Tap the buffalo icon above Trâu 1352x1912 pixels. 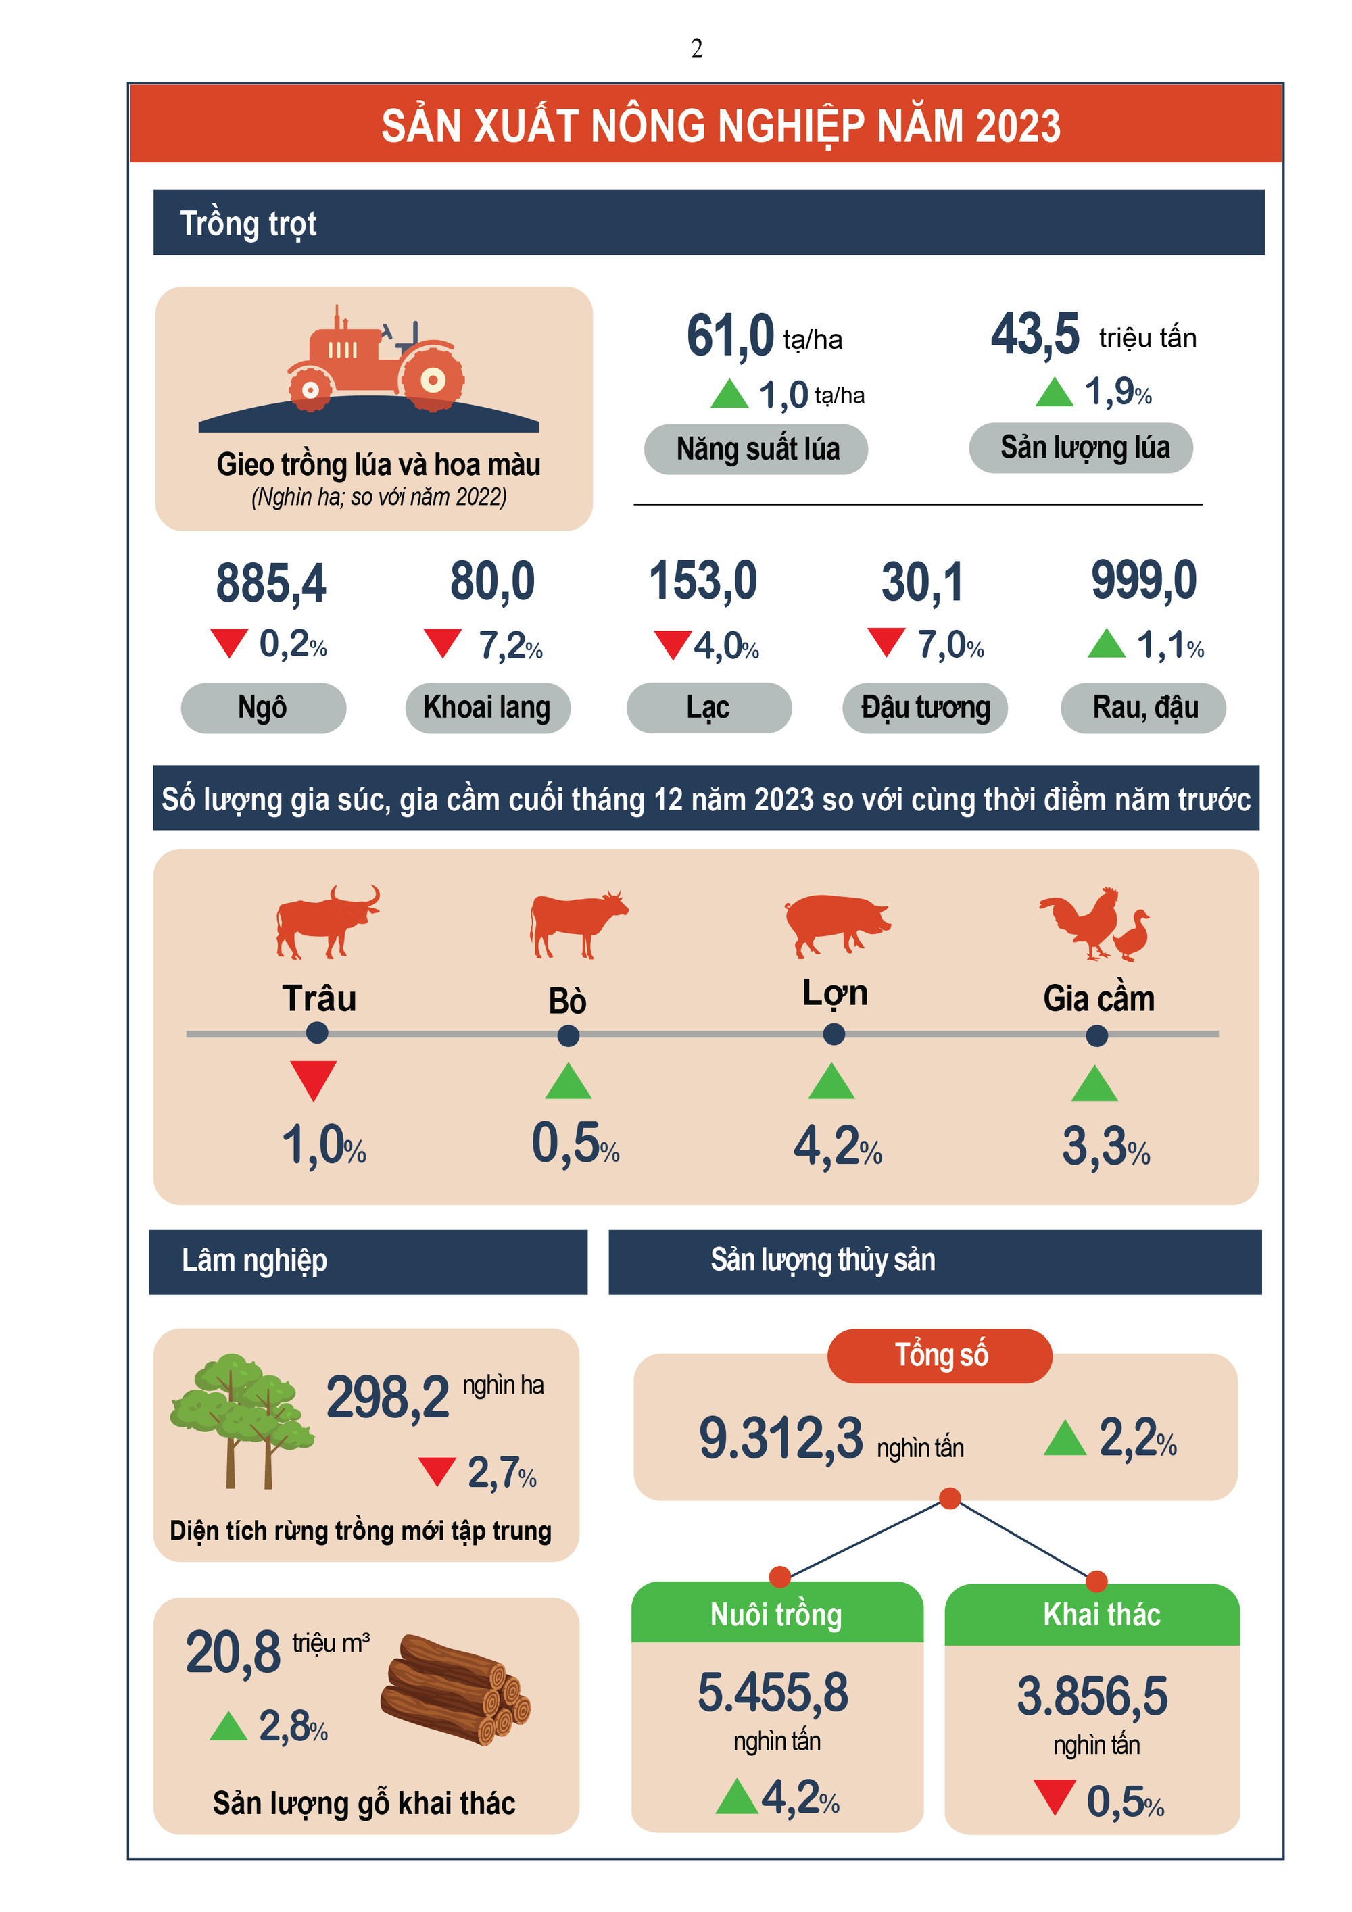coord(327,921)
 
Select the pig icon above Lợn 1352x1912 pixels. coord(836,923)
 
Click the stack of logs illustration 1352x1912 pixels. coord(455,1690)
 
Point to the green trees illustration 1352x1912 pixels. coord(241,1419)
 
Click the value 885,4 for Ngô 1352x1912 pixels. coord(270,583)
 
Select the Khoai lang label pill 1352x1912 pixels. coord(487,708)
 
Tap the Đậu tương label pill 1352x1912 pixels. coord(925,708)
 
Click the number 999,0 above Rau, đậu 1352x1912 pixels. coord(1143,581)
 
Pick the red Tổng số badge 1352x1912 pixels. coord(940,1356)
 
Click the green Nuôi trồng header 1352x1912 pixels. coord(776,1614)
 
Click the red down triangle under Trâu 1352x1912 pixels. coord(313,1079)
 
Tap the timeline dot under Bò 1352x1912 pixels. coord(568,1035)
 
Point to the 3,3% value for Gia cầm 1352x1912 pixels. coord(1105,1148)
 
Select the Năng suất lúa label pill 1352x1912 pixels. coord(756,449)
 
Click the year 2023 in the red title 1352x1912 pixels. coord(1017,126)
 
